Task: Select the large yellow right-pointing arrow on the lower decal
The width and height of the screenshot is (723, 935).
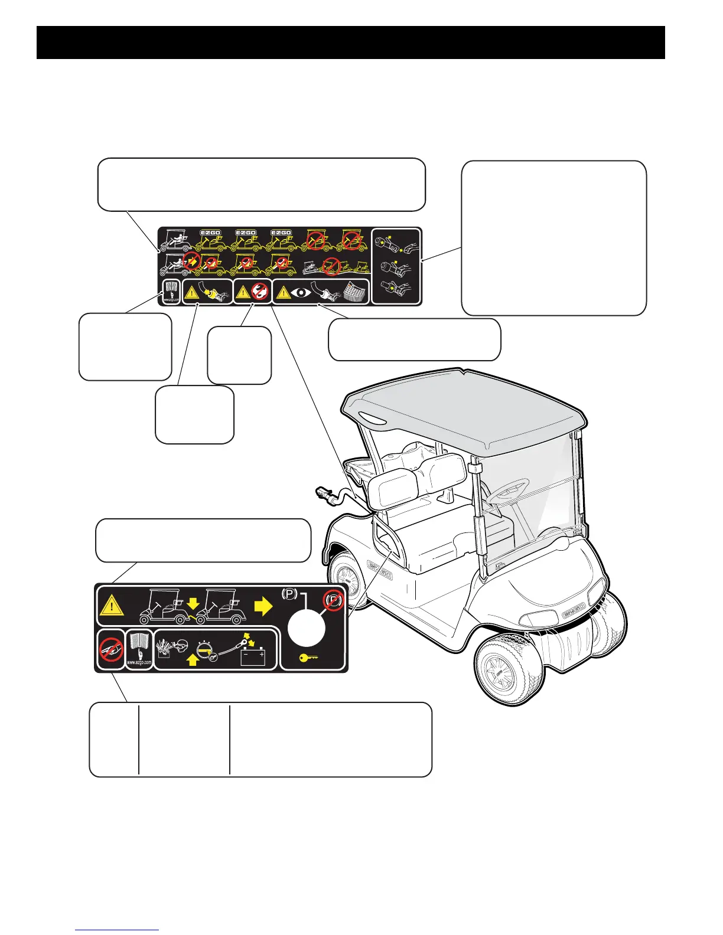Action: pos(263,606)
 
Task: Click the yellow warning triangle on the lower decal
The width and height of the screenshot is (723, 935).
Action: pos(111,606)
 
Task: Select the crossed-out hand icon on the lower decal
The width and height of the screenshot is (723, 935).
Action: pos(110,648)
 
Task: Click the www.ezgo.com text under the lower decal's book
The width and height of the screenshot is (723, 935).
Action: pos(140,663)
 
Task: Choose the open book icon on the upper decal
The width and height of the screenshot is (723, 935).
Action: pos(171,289)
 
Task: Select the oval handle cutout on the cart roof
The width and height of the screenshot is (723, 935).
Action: pos(369,419)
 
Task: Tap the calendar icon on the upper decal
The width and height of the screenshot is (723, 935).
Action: pos(354,292)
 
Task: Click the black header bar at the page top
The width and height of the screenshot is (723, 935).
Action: pos(351,42)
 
